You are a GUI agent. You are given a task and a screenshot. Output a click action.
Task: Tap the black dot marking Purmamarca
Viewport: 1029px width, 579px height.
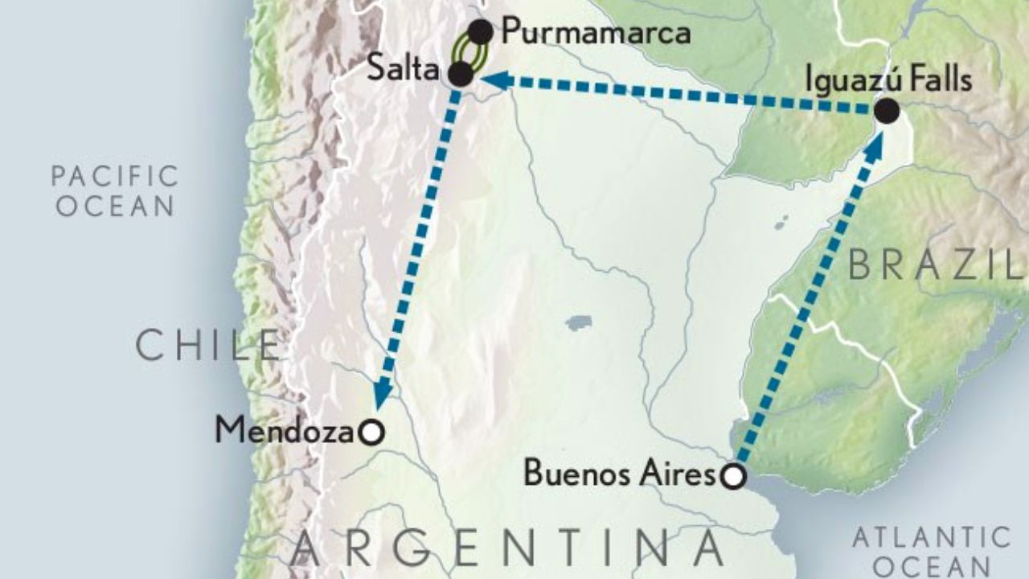pos(480,32)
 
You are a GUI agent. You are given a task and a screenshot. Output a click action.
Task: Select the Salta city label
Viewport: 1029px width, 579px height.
pos(402,69)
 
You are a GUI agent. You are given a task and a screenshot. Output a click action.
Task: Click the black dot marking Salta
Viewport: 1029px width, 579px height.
pos(460,75)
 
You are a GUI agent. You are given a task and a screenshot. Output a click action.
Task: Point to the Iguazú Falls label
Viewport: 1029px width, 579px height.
pos(891,80)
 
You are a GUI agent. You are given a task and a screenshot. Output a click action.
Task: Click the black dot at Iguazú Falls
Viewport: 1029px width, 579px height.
pos(886,111)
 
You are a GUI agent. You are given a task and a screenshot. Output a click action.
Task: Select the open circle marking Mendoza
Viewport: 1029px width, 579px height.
pos(371,433)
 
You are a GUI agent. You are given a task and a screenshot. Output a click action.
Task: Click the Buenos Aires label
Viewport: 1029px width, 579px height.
pos(619,474)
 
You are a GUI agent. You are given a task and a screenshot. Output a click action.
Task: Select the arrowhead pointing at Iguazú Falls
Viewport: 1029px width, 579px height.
pos(874,141)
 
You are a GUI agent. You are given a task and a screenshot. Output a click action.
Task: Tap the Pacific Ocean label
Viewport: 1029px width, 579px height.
pos(114,190)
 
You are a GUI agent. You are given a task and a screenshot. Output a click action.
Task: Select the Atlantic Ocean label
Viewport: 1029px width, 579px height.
pos(931,550)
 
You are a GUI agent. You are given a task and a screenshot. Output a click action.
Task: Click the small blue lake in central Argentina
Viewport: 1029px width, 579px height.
pos(578,323)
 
